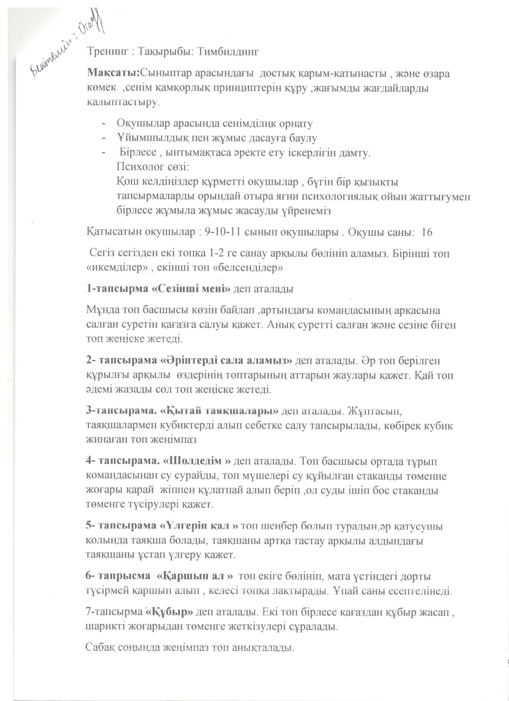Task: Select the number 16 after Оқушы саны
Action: pos(427,232)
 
